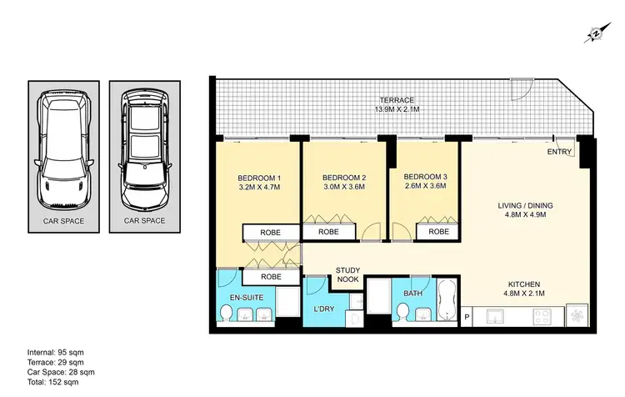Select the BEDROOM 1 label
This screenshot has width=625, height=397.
pyautogui.click(x=259, y=178)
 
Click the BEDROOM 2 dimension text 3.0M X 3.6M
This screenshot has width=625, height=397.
pyautogui.click(x=344, y=188)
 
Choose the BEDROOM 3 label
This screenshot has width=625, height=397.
pyautogui.click(x=424, y=177)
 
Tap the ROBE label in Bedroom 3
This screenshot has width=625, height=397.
pyautogui.click(x=438, y=231)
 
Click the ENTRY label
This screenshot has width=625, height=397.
pyautogui.click(x=559, y=153)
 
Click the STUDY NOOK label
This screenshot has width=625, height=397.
pyautogui.click(x=347, y=274)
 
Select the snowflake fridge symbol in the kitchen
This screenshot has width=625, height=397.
pyautogui.click(x=573, y=318)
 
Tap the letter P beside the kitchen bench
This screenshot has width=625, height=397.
pyautogui.click(x=467, y=318)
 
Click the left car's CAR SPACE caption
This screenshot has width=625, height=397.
pyautogui.click(x=63, y=221)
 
